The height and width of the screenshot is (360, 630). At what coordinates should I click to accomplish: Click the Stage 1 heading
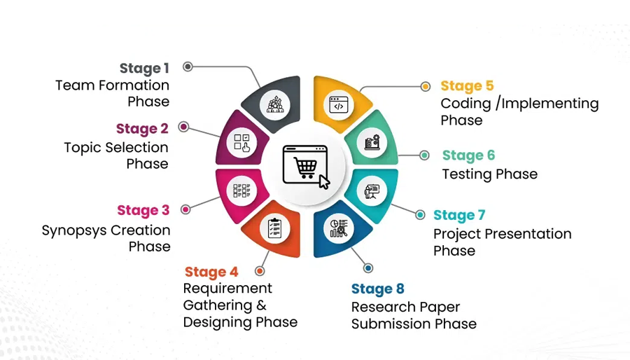(x=144, y=69)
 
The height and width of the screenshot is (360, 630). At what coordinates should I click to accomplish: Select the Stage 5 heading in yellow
(x=467, y=85)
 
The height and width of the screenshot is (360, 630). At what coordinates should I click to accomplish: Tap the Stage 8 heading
(x=378, y=289)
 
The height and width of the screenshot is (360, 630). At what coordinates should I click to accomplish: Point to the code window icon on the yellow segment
(x=339, y=105)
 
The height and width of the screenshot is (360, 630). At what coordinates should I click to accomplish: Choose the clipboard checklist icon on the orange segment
(x=275, y=228)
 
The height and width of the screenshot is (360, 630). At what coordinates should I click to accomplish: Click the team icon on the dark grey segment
(x=275, y=105)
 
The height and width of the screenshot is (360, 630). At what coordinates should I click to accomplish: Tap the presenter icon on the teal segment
(x=372, y=191)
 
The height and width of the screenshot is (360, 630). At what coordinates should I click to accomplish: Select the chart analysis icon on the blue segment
(x=339, y=228)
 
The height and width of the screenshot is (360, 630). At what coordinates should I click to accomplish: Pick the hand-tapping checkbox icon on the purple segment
(x=242, y=143)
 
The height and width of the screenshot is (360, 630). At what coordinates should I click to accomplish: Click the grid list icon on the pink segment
(x=242, y=191)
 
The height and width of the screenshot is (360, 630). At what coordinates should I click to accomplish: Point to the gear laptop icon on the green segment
(x=372, y=142)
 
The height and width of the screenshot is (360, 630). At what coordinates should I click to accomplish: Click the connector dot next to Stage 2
(x=183, y=127)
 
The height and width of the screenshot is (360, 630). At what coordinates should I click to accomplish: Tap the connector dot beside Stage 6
(x=424, y=155)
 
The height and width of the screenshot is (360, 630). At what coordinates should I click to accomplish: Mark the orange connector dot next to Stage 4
(x=260, y=271)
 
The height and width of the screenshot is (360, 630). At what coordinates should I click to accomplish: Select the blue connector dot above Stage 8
(x=368, y=268)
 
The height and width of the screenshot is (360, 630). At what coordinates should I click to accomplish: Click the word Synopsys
(x=74, y=230)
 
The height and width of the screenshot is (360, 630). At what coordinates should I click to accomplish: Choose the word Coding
(x=465, y=104)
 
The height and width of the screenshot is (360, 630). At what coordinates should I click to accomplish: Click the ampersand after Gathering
(x=261, y=305)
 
